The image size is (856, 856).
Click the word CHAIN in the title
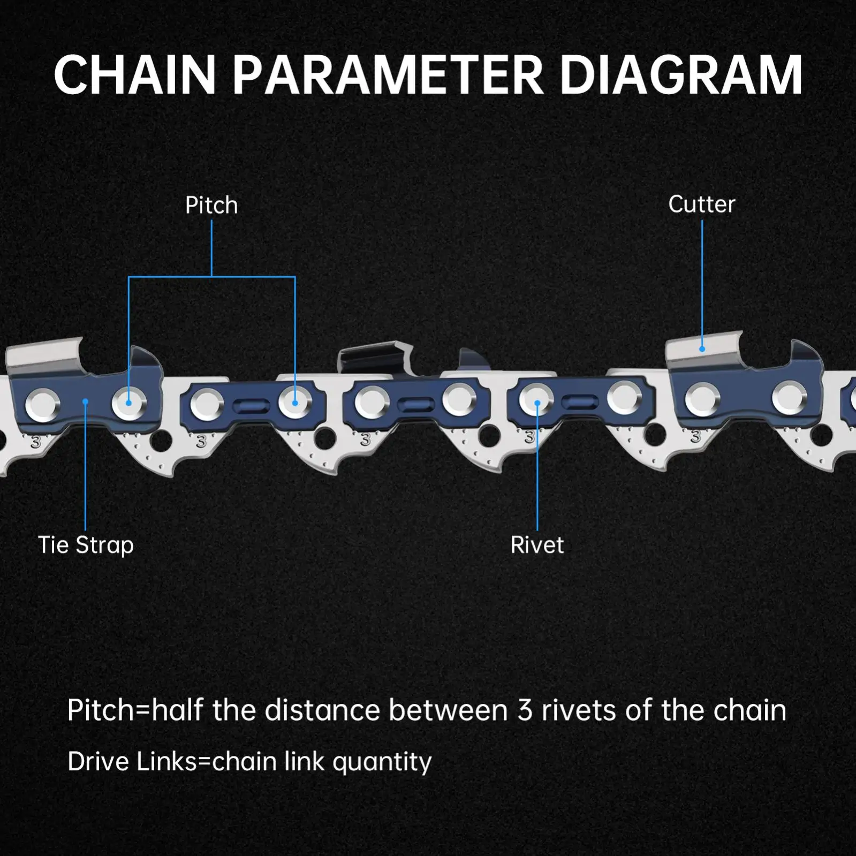134,75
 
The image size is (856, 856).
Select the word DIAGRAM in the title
681,75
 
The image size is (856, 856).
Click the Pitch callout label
211,206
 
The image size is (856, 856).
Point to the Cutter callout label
701,204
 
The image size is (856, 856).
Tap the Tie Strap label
86,545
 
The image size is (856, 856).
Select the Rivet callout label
537,545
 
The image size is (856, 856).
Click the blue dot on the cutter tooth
702,349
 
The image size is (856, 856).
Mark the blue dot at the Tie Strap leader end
86,402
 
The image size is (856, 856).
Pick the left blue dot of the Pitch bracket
128,402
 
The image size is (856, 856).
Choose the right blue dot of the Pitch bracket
295,402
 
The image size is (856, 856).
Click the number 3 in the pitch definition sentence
525,710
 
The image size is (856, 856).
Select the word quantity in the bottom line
382,762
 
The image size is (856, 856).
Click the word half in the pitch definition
177,710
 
